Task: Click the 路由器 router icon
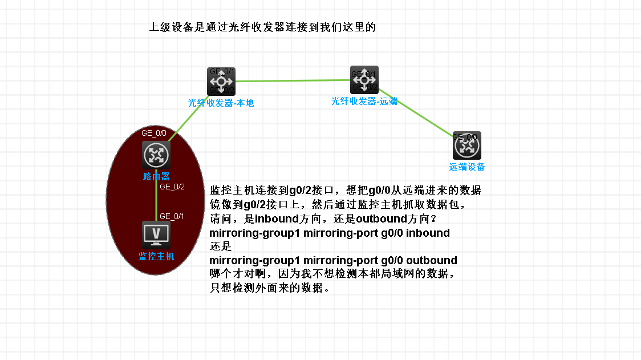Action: (156, 155)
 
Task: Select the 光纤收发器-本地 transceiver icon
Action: (221, 82)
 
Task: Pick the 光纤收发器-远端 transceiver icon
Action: (364, 80)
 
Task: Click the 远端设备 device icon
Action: (467, 145)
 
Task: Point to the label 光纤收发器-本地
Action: (221, 103)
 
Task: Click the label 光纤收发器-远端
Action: (364, 101)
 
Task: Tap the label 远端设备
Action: (467, 167)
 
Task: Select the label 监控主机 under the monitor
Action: (156, 257)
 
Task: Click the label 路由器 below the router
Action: (156, 177)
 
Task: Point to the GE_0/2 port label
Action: (172, 186)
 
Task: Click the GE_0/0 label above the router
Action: (154, 133)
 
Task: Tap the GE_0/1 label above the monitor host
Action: (172, 216)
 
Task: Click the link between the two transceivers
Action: (293, 81)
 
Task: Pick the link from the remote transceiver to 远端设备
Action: (416, 112)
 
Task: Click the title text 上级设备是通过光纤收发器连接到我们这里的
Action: (262, 27)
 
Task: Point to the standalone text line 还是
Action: (221, 247)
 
